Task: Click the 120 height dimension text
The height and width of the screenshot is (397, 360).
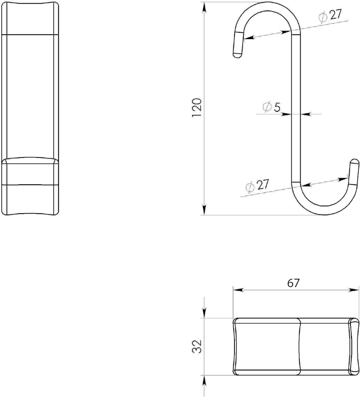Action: [197, 108]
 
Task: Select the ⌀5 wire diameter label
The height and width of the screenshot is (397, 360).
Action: [271, 107]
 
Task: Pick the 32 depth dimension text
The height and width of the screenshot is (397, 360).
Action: [197, 346]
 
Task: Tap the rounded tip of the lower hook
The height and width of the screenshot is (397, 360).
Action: [354, 161]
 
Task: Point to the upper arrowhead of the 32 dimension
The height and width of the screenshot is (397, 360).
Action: [205, 313]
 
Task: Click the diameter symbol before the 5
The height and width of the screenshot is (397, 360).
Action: [266, 107]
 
